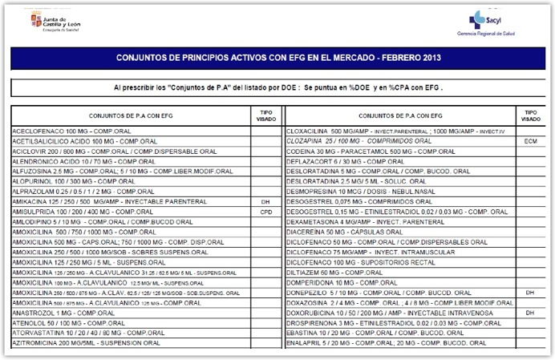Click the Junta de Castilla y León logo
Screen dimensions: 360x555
[x=55, y=20]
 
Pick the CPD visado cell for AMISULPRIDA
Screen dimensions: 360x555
[x=266, y=212]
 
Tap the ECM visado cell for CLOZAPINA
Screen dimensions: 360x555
[x=529, y=140]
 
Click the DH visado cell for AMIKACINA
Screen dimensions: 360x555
[x=266, y=201]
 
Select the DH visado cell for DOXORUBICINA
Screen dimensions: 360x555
[x=529, y=313]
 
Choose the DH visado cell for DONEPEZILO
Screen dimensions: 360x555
[x=529, y=293]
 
